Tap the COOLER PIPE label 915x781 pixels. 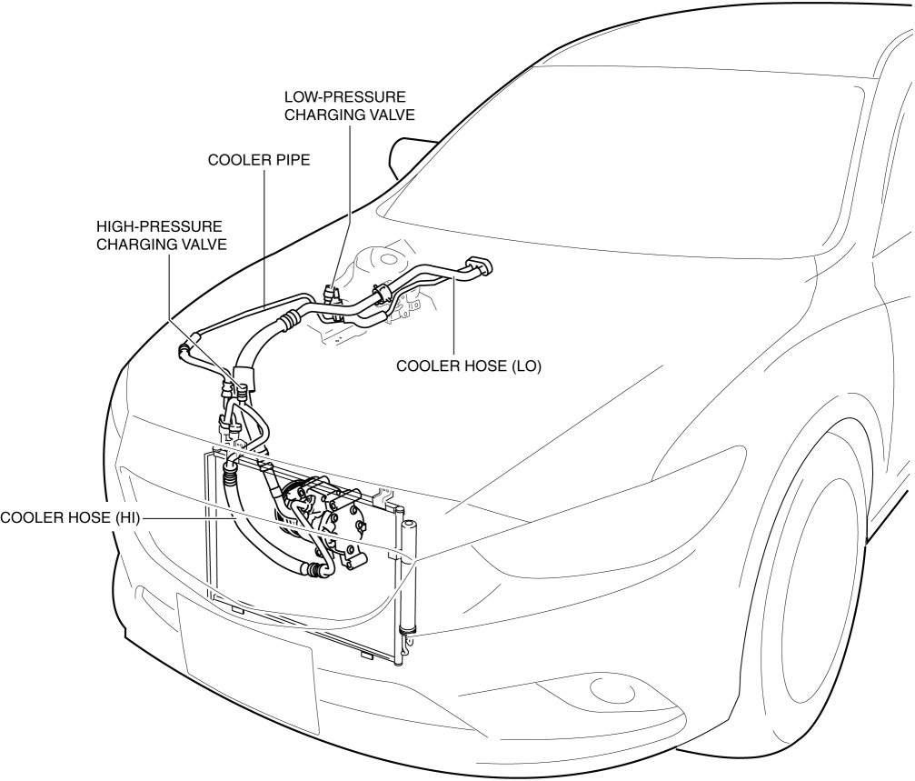pos(259,160)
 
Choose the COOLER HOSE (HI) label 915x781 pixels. pos(71,518)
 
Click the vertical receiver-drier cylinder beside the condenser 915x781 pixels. pos(407,582)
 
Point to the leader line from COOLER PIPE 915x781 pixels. pos(264,236)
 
